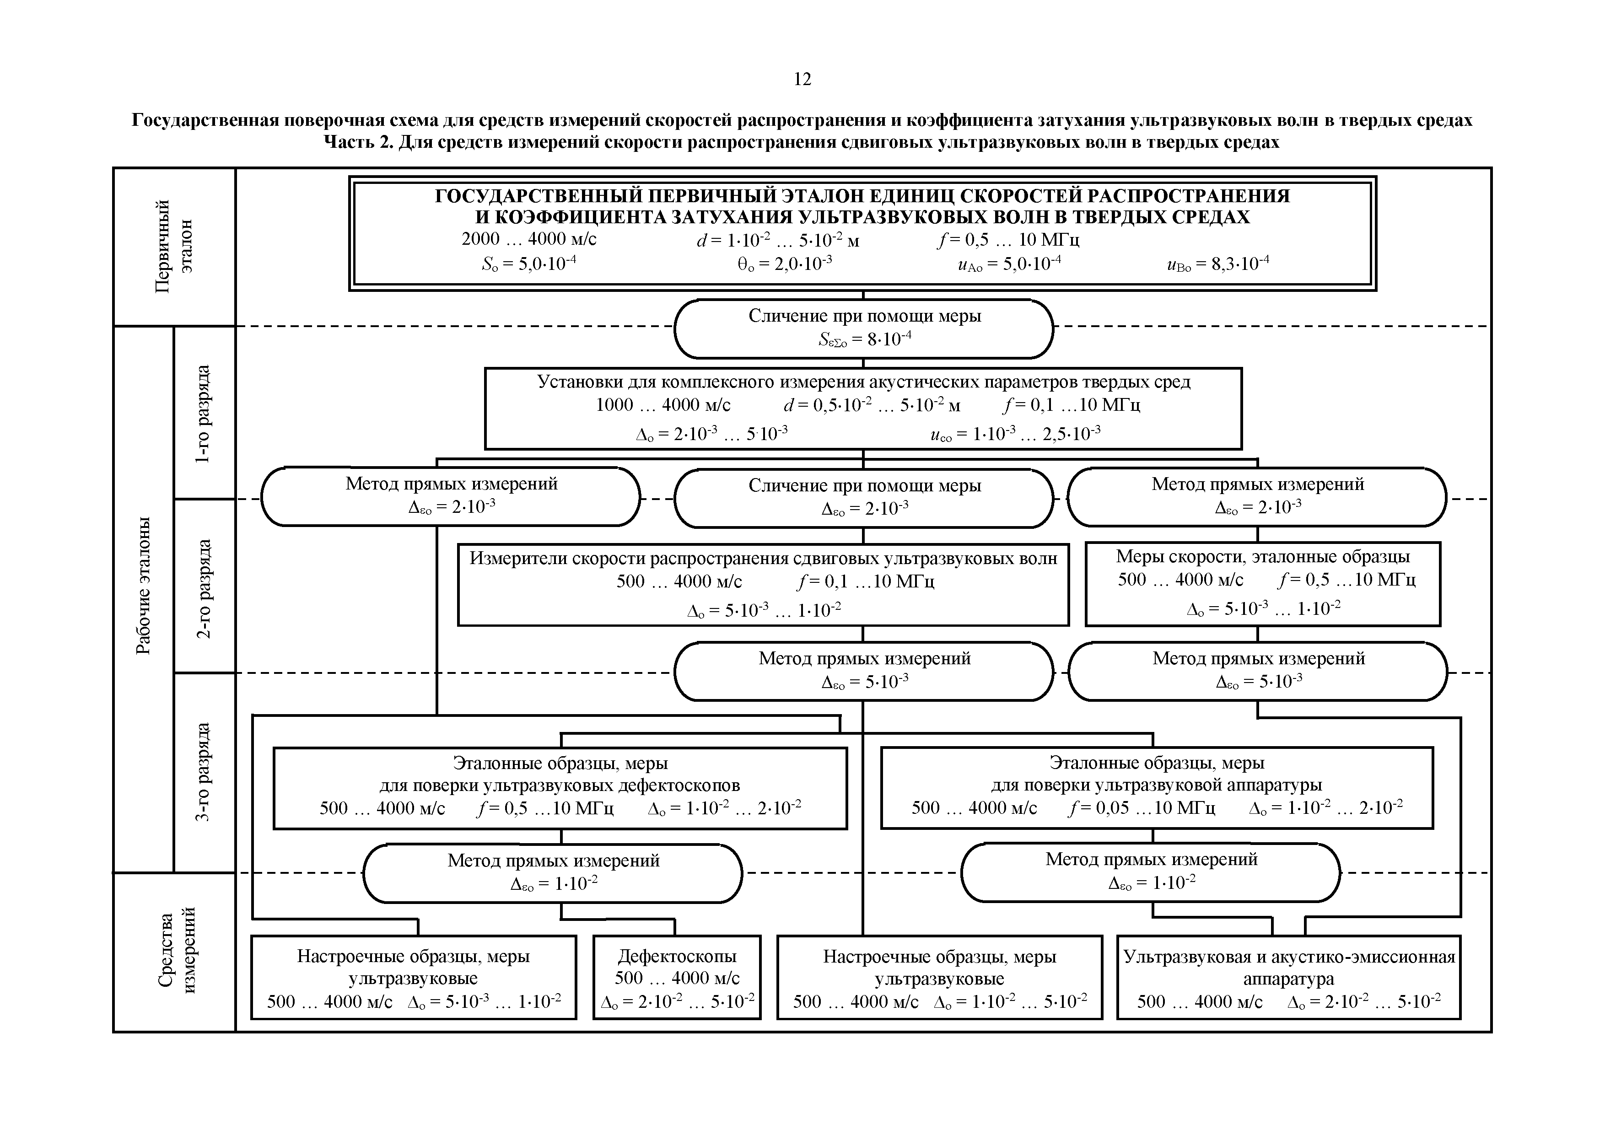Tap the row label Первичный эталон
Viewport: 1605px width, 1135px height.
click(x=173, y=246)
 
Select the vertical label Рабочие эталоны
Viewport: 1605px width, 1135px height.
click(x=143, y=585)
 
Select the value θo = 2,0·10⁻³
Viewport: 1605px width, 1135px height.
click(x=784, y=264)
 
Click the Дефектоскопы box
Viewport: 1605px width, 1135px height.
click(x=677, y=977)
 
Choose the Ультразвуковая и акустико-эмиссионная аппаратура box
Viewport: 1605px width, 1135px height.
click(x=1288, y=977)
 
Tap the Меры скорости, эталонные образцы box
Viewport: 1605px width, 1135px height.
click(x=1262, y=584)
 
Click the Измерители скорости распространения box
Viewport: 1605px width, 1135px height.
click(x=763, y=584)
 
